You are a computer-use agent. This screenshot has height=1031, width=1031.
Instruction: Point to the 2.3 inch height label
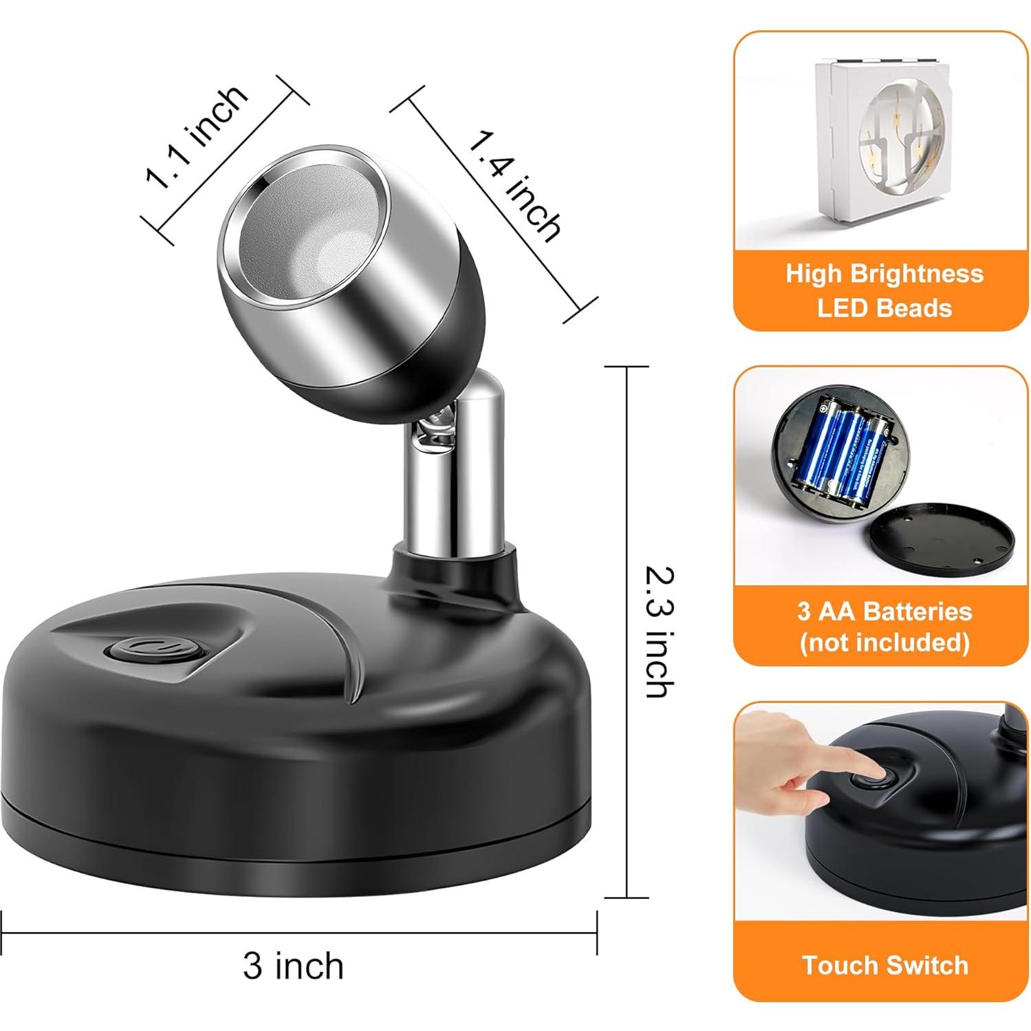click(660, 631)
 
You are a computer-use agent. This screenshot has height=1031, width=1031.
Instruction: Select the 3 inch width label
click(293, 965)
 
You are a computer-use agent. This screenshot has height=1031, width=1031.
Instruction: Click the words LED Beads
click(884, 307)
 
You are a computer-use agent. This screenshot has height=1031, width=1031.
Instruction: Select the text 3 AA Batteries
click(884, 611)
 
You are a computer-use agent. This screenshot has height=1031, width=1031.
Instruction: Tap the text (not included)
click(884, 643)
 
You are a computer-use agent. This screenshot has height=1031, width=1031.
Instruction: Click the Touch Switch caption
click(885, 965)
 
